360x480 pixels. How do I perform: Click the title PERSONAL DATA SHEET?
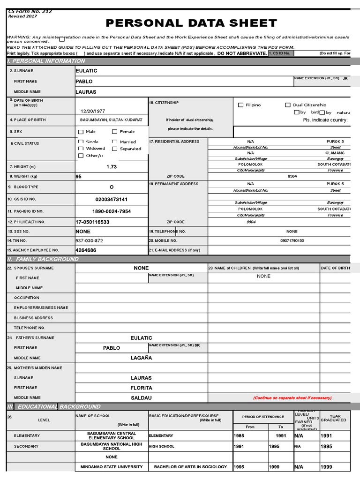pos(191,23)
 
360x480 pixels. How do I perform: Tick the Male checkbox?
pos(81,132)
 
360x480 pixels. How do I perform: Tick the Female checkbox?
pos(115,132)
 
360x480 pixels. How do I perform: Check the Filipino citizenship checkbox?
pos(240,105)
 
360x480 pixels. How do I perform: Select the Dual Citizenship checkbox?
pos(288,105)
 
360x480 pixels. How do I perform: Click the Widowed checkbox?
pos(81,149)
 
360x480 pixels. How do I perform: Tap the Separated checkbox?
pos(115,149)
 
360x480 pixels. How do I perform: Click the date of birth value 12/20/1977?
pos(93,111)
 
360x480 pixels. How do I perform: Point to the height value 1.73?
pos(112,166)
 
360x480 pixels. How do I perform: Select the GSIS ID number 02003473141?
pos(112,199)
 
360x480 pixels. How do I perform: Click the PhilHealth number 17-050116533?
pos(92,222)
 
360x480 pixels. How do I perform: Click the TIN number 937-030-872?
pos(89,240)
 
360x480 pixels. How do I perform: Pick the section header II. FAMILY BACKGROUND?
pos(43,259)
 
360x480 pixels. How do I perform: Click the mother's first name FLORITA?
pos(141,388)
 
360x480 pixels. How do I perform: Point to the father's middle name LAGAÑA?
pos(141,358)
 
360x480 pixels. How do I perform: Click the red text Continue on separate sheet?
pos(292,397)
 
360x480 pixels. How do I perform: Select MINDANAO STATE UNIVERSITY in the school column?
pos(112,467)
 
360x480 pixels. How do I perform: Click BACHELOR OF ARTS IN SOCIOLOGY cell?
pos(190,467)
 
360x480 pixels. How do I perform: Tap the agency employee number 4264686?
pos(86,250)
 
